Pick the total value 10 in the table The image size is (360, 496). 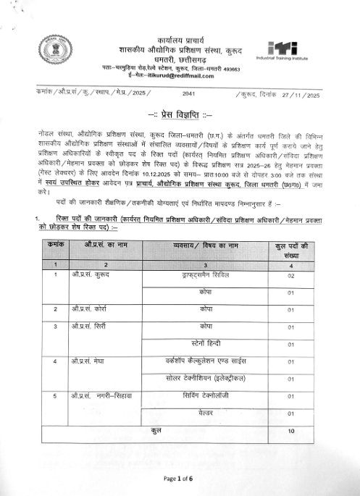(291, 432)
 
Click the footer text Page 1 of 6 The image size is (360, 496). (178, 479)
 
